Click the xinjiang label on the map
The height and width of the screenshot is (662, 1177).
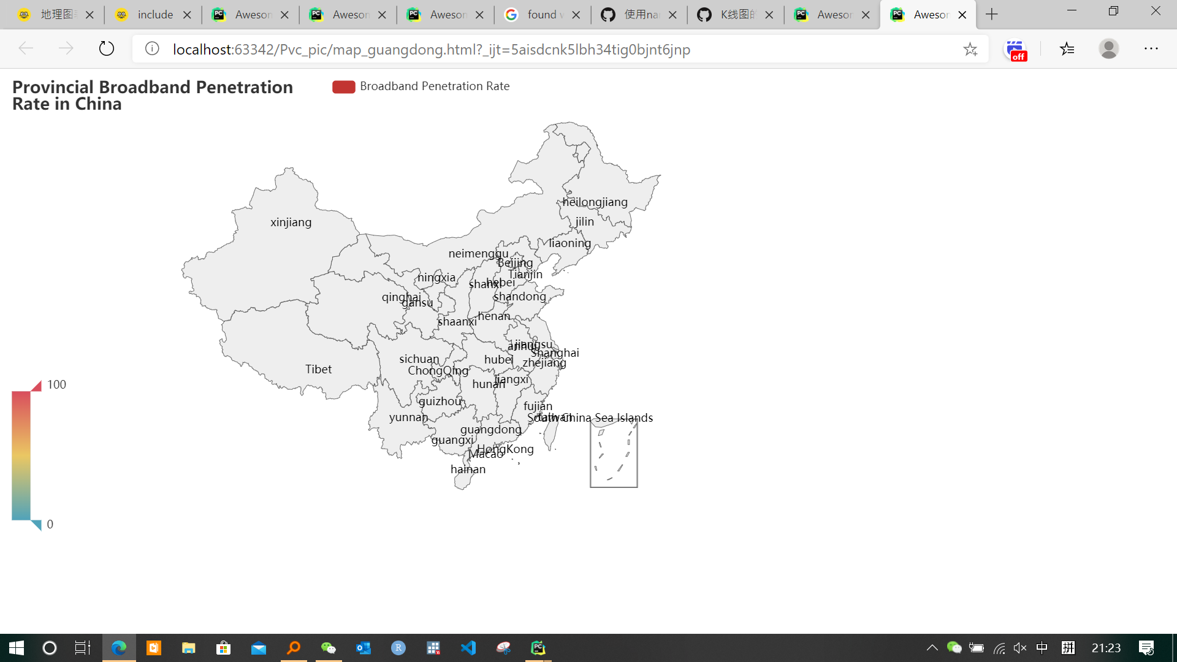point(291,223)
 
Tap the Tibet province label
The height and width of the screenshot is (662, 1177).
point(318,370)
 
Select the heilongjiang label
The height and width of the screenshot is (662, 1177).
point(595,202)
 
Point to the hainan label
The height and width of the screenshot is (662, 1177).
point(468,470)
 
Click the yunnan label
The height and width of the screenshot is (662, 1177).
point(408,417)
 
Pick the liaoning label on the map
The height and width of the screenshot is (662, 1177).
point(570,243)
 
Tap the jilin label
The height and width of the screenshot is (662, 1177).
point(584,222)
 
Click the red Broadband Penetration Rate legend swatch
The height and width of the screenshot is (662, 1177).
point(343,87)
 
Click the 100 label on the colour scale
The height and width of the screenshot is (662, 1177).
point(56,385)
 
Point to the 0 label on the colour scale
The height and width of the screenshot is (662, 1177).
point(50,525)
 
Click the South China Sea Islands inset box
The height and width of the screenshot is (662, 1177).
point(614,455)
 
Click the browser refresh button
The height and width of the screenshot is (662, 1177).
point(107,49)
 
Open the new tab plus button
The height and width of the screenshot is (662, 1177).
point(992,15)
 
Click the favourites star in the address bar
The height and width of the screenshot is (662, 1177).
point(970,49)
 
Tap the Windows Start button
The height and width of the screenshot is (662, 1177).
point(17,648)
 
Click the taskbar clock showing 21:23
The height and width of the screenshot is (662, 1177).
point(1106,648)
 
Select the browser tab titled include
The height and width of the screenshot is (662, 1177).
point(154,15)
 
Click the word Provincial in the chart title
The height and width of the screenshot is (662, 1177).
point(53,88)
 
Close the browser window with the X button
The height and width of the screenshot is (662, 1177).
point(1156,11)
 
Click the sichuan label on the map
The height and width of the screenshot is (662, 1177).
point(419,359)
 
